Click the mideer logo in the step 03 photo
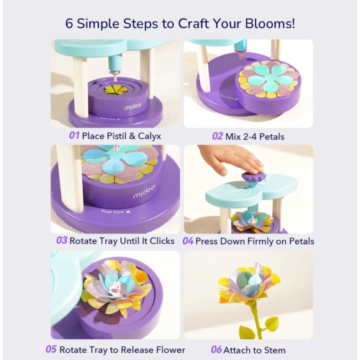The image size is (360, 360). [x=144, y=194]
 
